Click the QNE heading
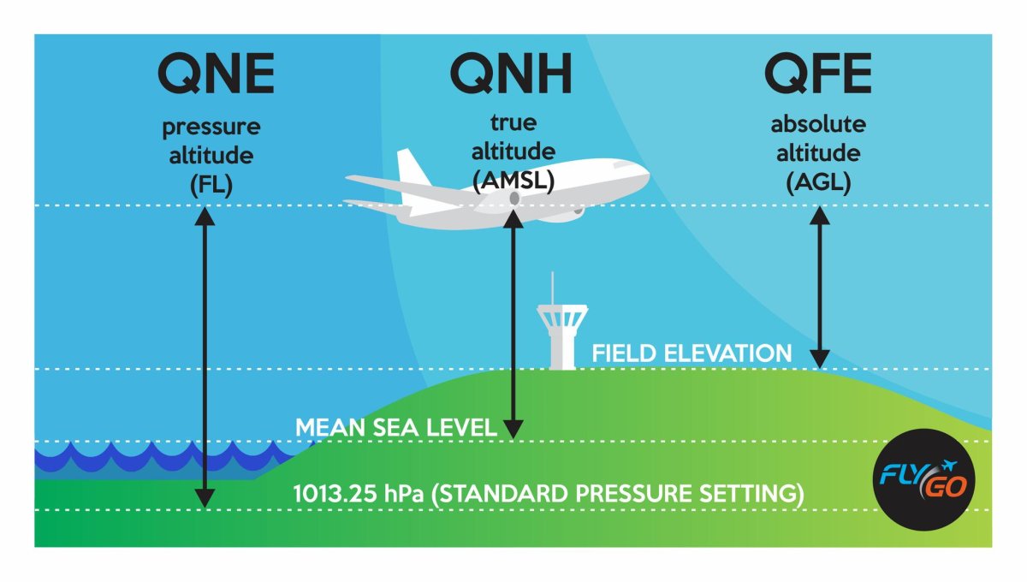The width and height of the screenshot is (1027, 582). coord(216,74)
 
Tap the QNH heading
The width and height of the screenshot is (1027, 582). coord(511,74)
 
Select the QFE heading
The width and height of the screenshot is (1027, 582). coord(818,74)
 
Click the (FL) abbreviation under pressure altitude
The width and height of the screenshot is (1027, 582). coord(211,184)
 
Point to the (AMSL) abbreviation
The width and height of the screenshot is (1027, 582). coord(513,181)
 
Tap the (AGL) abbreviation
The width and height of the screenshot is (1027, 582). coord(818,182)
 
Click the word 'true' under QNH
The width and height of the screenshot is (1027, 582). coord(513,122)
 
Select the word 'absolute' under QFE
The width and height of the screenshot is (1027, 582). coord(818,124)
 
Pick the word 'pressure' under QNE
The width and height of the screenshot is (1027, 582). coord(211,128)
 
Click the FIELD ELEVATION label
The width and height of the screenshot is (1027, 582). coord(692,353)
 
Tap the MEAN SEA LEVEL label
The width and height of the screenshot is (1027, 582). coord(396,427)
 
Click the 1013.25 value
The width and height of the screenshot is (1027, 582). coord(335,494)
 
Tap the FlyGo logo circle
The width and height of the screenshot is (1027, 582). coord(923,480)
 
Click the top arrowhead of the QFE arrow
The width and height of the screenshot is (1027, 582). coord(820,216)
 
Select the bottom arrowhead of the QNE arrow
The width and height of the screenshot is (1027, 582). coord(205,498)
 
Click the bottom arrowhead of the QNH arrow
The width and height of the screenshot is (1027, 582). coord(513,430)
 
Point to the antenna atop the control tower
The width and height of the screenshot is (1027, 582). coord(552,289)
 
